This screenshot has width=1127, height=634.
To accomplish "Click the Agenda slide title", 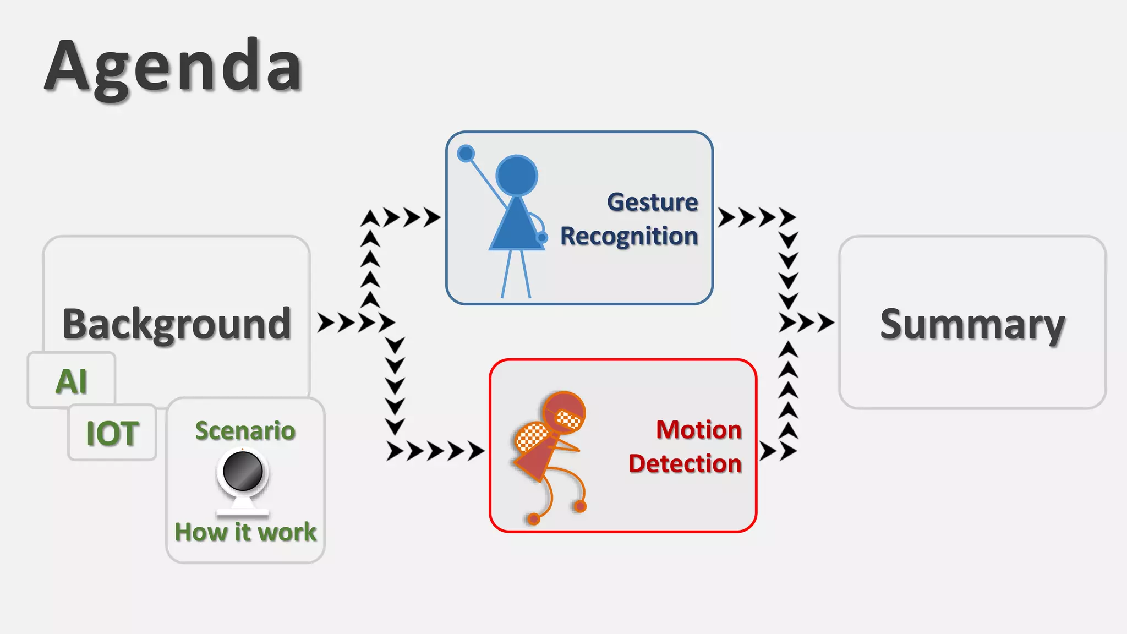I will click(x=173, y=67).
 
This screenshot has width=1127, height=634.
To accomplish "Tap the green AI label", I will click(x=72, y=381).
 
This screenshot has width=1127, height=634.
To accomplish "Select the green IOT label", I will click(x=113, y=434).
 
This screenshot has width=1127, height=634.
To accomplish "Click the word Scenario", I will click(x=245, y=431).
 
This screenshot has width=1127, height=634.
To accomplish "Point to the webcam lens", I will click(x=243, y=471).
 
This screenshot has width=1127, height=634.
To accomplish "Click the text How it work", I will click(x=245, y=532).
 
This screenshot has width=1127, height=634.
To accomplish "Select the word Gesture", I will click(x=653, y=203).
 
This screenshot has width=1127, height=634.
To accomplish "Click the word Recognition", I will click(x=629, y=236).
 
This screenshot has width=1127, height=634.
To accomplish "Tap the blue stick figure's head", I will click(x=517, y=176).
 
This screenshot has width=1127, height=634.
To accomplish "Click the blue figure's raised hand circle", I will click(x=466, y=154).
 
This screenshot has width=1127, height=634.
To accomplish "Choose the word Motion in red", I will click(x=699, y=430).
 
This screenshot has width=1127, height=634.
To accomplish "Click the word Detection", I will click(x=685, y=464).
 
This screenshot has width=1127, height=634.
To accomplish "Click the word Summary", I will click(x=972, y=325).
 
